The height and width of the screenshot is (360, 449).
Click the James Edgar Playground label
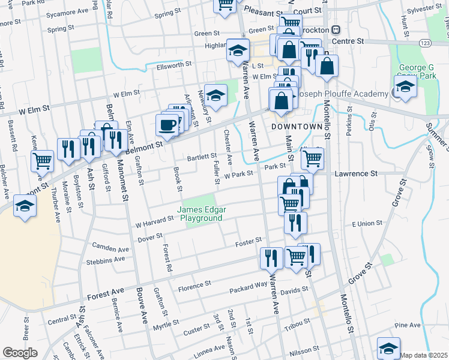(200, 214)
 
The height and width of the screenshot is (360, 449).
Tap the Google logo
(20, 353)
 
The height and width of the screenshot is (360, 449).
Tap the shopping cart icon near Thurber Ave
(43, 160)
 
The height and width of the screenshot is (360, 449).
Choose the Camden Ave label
(111, 247)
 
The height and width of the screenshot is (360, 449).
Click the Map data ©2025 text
(424, 355)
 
